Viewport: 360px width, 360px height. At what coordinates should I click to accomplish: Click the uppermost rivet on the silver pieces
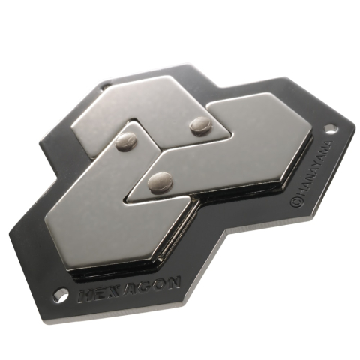[x=199, y=125]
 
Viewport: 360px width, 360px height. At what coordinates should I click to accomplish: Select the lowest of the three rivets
[x=160, y=180]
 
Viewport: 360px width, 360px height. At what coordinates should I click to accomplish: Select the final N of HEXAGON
[x=172, y=282]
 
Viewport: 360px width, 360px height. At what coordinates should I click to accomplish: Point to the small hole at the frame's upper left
[x=104, y=86]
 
